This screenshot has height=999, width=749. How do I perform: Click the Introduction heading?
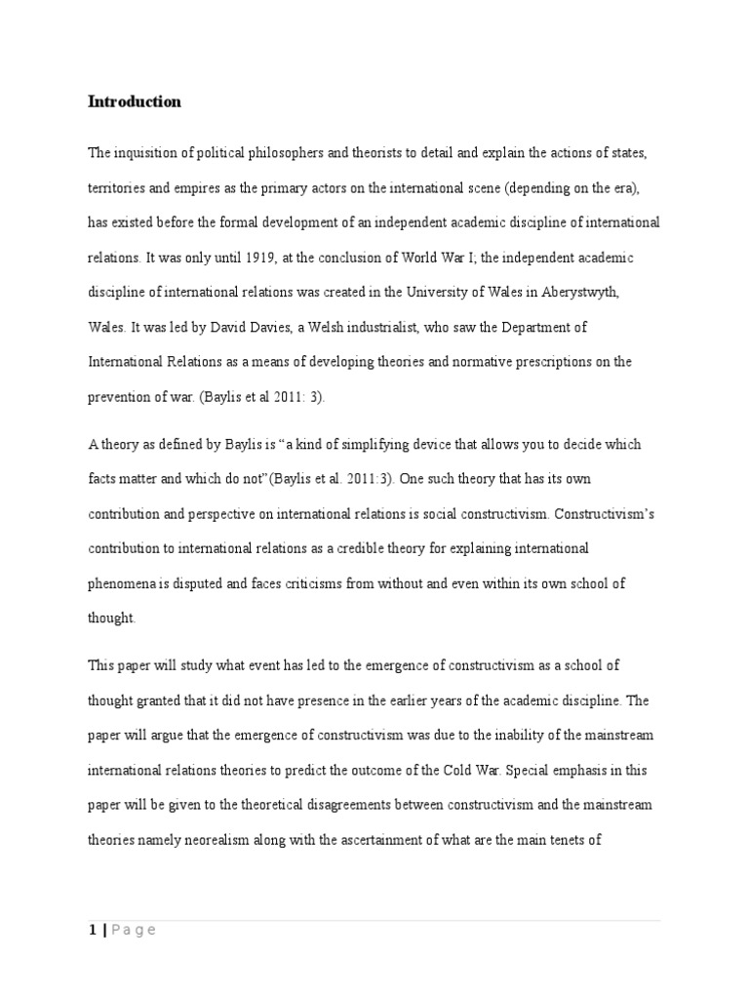pyautogui.click(x=135, y=101)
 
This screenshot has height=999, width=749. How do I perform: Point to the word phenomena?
pyautogui.click(x=123, y=583)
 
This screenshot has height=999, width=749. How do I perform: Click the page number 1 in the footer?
pyautogui.click(x=92, y=930)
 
